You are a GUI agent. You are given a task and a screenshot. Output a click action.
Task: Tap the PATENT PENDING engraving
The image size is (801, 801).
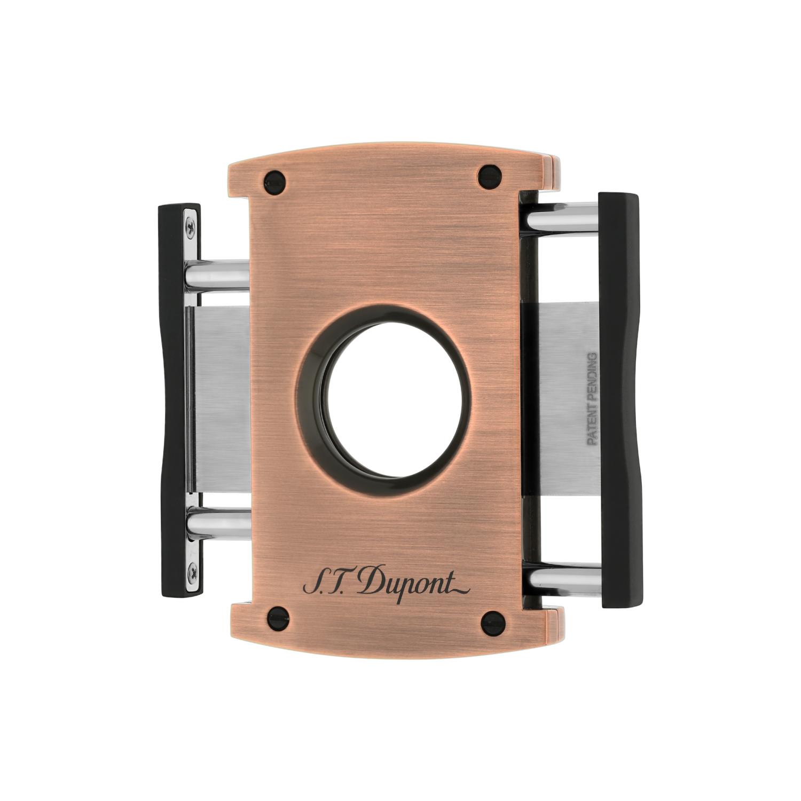pos(592,398)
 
